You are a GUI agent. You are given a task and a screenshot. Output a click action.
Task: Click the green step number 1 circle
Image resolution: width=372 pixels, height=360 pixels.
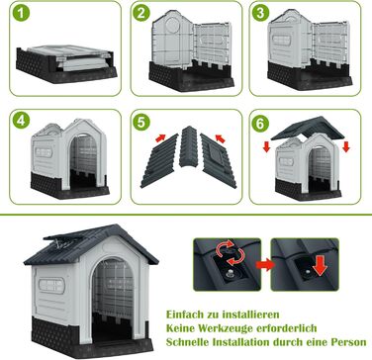tap(21, 13)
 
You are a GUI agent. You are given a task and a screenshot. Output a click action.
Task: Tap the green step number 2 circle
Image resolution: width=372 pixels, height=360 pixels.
tap(141, 13)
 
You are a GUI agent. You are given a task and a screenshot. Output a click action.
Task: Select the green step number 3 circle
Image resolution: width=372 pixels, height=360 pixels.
tap(260, 13)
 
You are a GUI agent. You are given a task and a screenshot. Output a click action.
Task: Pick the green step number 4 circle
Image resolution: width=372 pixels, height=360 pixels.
tap(21, 121)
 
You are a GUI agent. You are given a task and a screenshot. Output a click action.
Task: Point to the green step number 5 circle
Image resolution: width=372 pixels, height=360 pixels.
tap(141, 123)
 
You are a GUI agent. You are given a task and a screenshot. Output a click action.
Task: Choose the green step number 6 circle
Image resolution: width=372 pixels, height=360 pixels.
tap(260, 124)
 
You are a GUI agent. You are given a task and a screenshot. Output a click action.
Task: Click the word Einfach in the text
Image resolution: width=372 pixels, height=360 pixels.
tap(186, 315)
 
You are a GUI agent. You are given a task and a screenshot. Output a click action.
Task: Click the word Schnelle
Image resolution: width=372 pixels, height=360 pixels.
tap(188, 342)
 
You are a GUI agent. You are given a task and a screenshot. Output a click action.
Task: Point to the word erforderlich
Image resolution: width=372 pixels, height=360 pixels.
tap(286, 328)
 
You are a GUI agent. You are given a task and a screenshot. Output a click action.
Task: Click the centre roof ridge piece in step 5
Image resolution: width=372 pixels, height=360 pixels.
tap(188, 146)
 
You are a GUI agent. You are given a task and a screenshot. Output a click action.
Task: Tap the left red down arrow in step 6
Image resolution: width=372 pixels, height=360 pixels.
tap(267, 146)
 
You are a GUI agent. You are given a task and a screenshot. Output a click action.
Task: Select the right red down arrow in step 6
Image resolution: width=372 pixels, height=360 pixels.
tap(345, 146)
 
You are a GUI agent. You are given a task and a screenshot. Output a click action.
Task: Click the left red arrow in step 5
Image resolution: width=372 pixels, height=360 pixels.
tap(160, 137)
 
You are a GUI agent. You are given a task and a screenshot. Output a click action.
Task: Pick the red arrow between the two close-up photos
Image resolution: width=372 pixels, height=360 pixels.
tap(265, 265)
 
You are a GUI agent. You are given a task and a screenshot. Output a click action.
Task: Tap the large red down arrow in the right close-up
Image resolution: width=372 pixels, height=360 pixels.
tap(320, 266)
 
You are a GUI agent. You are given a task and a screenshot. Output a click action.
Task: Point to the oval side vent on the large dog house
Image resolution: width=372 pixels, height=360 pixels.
tap(51, 286)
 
